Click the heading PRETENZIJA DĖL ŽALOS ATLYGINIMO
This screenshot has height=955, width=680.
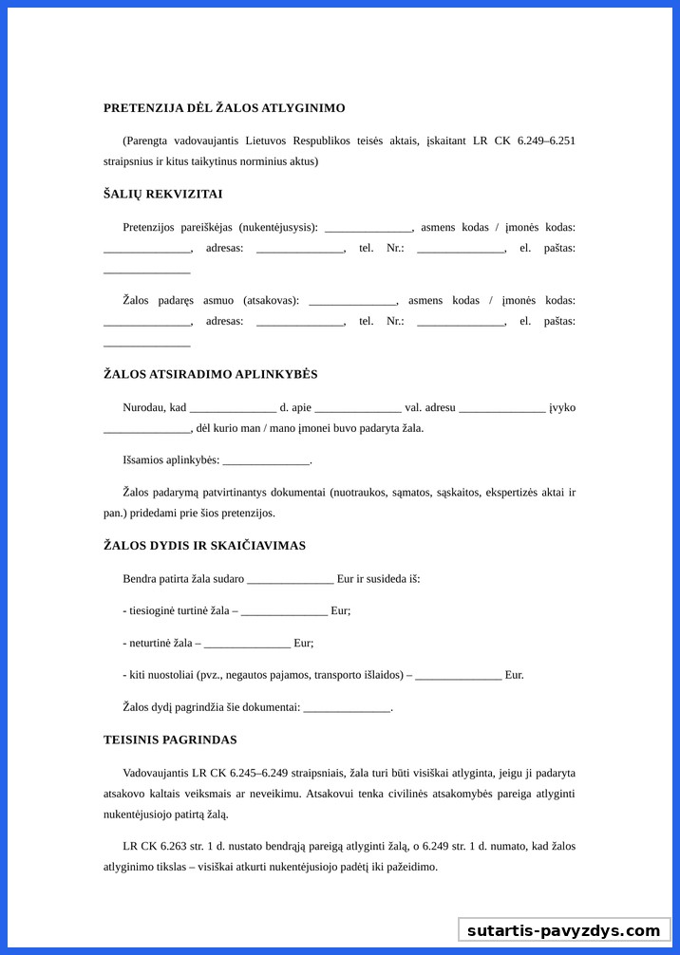click(224, 108)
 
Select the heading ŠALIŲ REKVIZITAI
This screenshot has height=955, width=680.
click(162, 194)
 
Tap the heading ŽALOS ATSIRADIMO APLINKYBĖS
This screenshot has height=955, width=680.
click(210, 374)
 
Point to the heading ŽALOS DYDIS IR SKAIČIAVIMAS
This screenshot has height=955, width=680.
click(204, 546)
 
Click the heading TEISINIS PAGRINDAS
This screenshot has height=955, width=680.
click(170, 740)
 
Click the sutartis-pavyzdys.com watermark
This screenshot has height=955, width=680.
click(563, 930)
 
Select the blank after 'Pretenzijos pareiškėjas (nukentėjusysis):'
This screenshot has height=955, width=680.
click(368, 229)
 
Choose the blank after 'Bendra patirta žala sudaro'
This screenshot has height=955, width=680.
click(290, 580)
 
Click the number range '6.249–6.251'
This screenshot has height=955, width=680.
click(546, 140)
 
